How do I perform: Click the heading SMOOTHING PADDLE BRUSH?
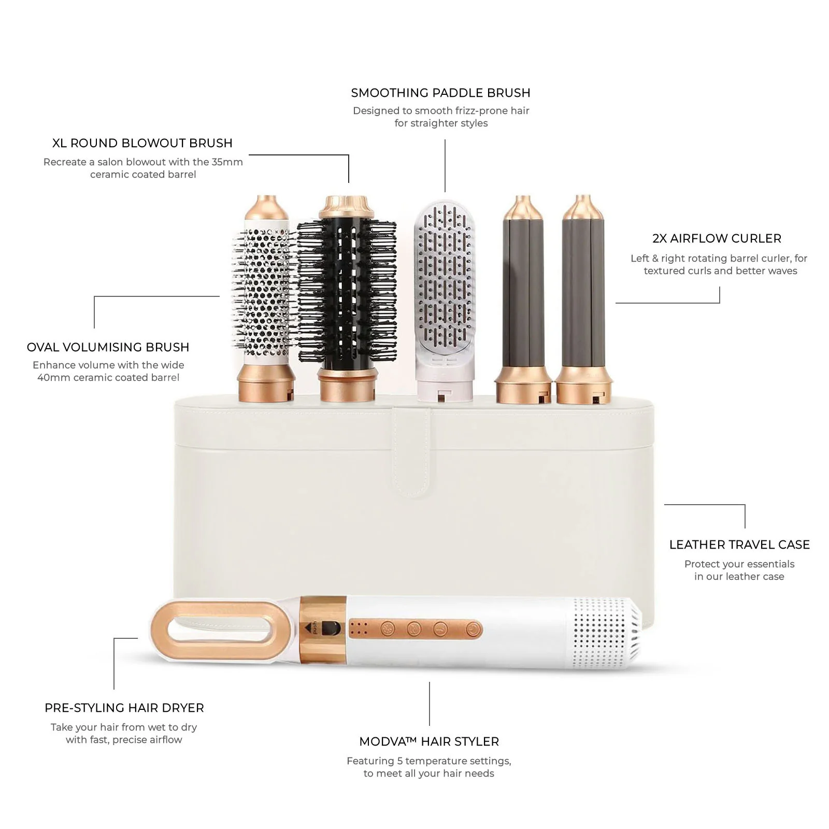(440, 93)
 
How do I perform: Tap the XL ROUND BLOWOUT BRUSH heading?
(142, 144)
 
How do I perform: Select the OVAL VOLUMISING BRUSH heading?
(108, 347)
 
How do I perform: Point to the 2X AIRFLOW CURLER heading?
(717, 239)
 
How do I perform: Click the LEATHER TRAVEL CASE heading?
(739, 545)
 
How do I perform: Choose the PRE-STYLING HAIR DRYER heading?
(124, 708)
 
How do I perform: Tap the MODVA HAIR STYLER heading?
(429, 742)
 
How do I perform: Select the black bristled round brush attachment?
(346, 298)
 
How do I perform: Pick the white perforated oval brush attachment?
(264, 298)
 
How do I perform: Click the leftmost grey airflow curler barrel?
(523, 299)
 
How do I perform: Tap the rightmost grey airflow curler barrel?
(583, 299)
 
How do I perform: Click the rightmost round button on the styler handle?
(472, 630)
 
